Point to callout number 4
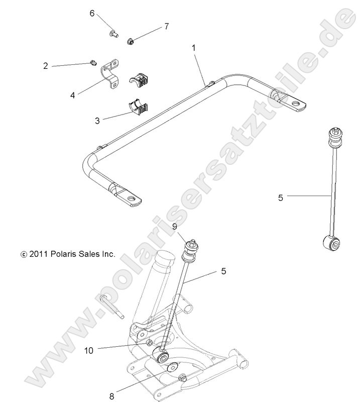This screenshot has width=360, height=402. tap(73, 94)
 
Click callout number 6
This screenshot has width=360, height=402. tap(92, 13)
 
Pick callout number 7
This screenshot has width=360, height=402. tap(166, 26)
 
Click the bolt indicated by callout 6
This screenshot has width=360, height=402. tap(112, 34)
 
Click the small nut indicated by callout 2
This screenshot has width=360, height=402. tap(92, 63)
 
